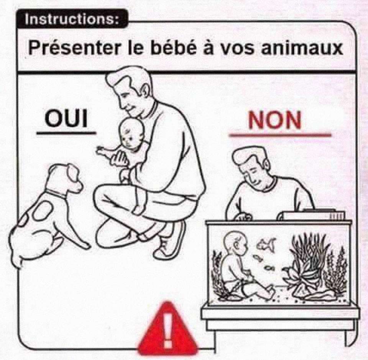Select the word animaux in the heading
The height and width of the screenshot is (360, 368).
(302, 48)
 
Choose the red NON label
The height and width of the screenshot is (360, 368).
(275, 120)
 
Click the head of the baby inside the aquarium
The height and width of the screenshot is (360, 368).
(236, 243)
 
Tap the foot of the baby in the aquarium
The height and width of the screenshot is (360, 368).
(270, 289)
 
